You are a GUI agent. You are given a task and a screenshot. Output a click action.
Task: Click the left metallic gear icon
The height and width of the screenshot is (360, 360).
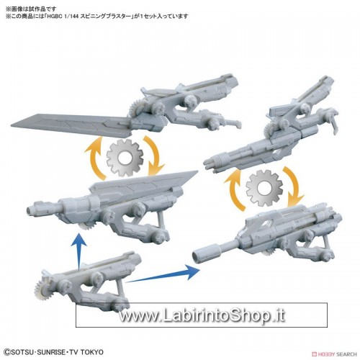click(125, 158)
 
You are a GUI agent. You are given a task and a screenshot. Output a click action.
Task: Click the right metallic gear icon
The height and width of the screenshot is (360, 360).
click(264, 188)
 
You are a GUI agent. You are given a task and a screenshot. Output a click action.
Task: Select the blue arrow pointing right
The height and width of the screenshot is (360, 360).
click(163, 276)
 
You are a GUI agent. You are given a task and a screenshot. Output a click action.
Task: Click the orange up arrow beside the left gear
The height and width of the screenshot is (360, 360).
click(95, 156)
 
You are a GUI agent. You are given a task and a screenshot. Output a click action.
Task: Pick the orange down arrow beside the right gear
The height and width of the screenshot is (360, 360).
click(294, 186)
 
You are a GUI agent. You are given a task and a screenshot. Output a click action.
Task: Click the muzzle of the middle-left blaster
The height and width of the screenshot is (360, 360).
click(30, 210)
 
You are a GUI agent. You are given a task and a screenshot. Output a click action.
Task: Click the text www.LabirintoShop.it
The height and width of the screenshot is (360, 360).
click(202, 315)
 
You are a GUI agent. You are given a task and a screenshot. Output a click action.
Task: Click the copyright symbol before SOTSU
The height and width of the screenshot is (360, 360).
click(7, 352)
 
